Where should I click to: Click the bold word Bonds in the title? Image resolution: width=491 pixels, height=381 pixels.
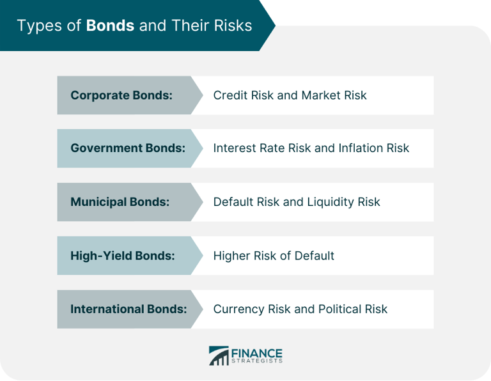111,26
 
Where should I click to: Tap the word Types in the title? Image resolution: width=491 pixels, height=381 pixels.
36,26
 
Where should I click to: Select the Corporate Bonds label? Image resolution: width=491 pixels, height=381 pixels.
121,95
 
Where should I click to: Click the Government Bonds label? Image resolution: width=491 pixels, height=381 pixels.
128,148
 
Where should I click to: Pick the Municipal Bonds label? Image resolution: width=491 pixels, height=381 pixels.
120,202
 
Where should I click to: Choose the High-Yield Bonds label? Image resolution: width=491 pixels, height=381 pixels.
122,256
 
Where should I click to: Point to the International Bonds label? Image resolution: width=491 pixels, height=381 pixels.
129,309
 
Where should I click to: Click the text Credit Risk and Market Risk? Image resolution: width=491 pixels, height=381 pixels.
290,95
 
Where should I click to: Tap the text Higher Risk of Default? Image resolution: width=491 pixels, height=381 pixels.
274,256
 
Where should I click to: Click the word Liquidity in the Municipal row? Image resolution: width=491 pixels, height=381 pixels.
331,202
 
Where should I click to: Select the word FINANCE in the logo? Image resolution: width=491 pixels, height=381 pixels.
257,352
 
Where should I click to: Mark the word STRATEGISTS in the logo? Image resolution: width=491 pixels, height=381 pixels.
257,362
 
